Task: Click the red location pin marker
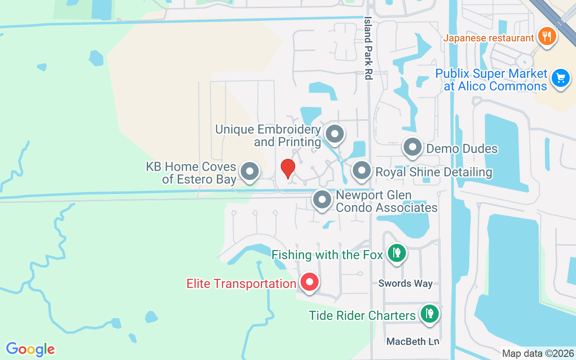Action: click(288, 168)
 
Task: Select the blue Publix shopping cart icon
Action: click(560, 78)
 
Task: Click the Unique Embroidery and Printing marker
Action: click(334, 134)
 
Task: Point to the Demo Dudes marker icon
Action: click(412, 147)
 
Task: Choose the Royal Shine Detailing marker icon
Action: click(361, 171)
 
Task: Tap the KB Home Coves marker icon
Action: click(250, 171)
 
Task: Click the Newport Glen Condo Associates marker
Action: click(322, 199)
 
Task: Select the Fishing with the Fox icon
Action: click(396, 253)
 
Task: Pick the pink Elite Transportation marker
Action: click(309, 282)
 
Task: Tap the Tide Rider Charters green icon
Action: click(430, 314)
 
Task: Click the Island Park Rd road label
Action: click(369, 49)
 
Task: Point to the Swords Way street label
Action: click(405, 283)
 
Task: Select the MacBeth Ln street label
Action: click(413, 342)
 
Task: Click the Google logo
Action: click(30, 349)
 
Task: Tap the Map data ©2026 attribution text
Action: click(538, 354)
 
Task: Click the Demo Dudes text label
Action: click(462, 149)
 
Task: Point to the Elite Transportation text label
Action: click(241, 284)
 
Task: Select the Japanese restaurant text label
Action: click(488, 38)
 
